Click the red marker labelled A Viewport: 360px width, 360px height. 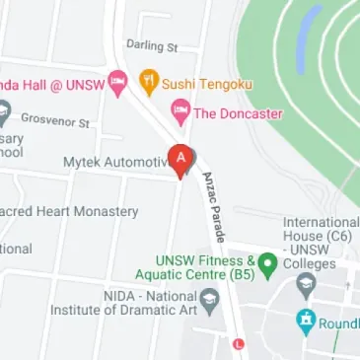[181, 158]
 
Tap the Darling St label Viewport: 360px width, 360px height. [151, 46]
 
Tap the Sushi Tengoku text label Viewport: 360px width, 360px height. [206, 84]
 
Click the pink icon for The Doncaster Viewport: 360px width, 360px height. [180, 112]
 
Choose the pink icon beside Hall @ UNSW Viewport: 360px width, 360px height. [118, 80]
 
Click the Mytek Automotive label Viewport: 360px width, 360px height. [116, 161]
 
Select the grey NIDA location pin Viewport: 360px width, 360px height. [209, 299]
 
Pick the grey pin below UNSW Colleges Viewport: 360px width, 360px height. [306, 285]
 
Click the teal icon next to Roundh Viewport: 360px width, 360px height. [306, 320]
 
